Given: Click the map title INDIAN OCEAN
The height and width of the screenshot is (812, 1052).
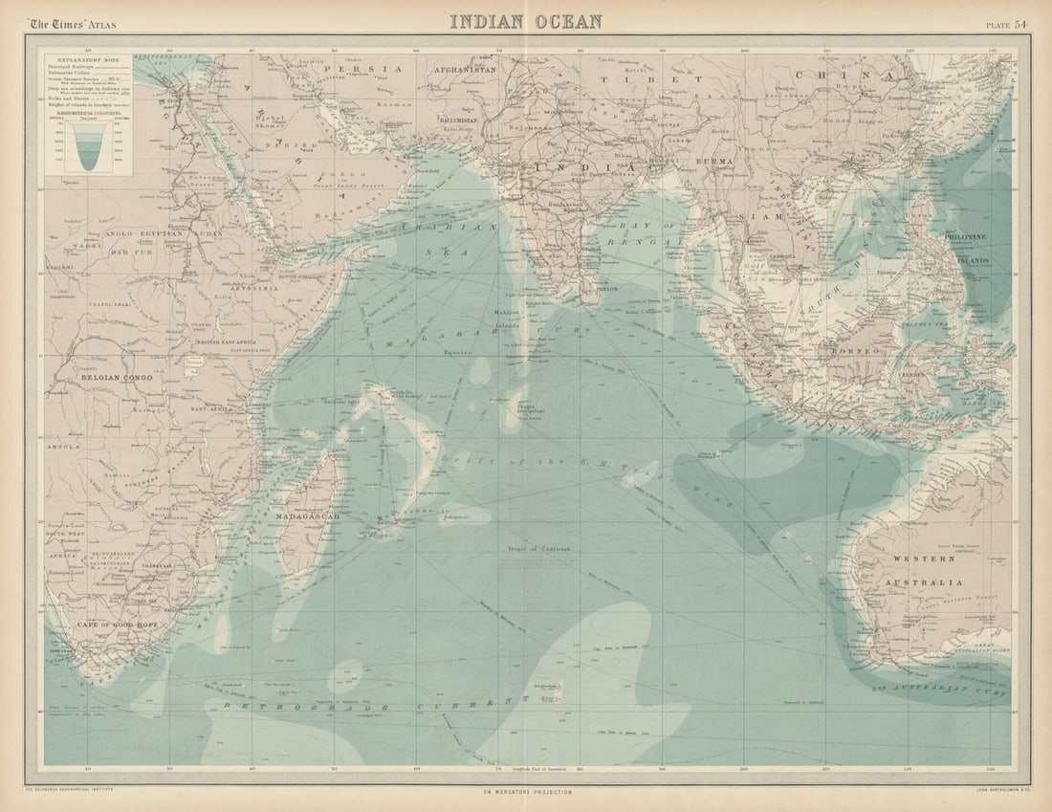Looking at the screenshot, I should pyautogui.click(x=526, y=21).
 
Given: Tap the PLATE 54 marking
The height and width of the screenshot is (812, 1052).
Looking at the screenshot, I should pyautogui.click(x=1007, y=23).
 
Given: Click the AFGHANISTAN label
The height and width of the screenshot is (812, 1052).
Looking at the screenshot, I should pyautogui.click(x=465, y=70).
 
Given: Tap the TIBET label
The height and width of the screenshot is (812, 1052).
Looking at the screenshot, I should pyautogui.click(x=650, y=79).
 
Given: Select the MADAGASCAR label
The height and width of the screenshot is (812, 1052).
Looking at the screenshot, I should pyautogui.click(x=308, y=516).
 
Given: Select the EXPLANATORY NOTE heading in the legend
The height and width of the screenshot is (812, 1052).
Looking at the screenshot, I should pyautogui.click(x=87, y=58).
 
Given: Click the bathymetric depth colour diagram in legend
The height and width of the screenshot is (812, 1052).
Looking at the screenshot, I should pyautogui.click(x=87, y=144).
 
